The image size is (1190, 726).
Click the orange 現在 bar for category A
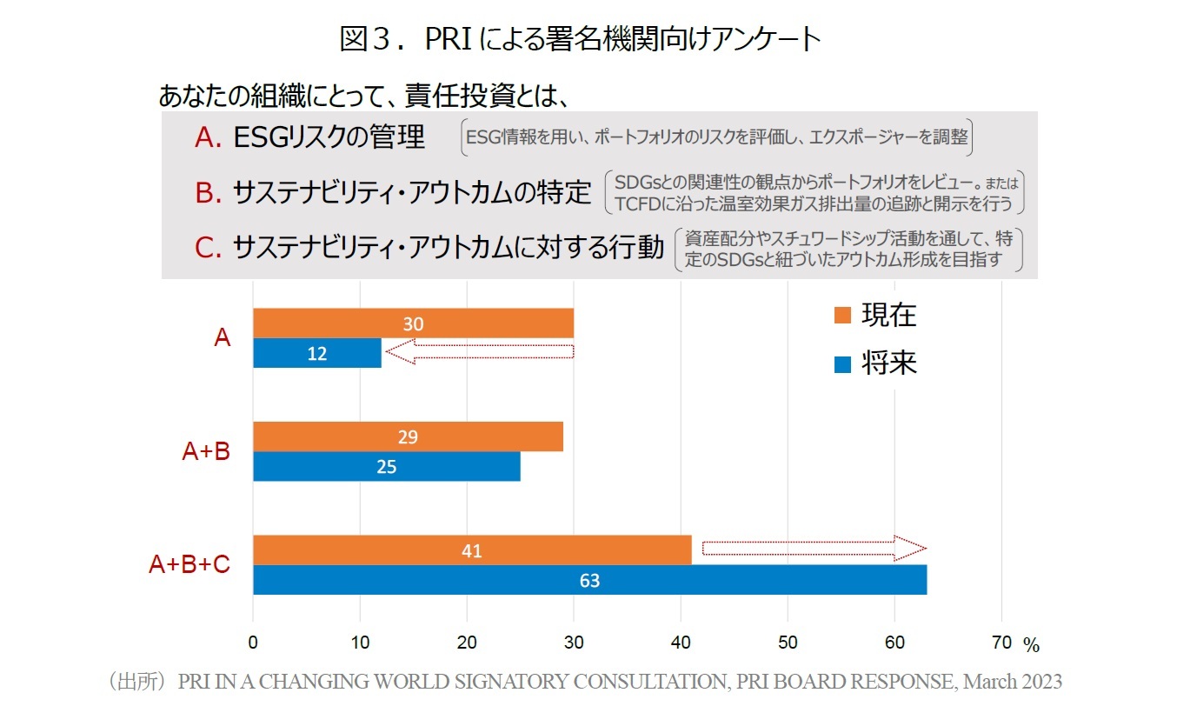(413, 323)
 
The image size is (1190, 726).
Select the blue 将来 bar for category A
(317, 353)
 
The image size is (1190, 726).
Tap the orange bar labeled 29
(408, 436)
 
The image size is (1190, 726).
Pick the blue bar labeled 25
(387, 466)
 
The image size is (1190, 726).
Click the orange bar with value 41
(472, 550)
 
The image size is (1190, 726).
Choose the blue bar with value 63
(589, 580)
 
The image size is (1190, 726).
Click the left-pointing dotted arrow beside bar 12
(479, 352)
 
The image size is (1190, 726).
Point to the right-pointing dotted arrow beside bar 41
(814, 549)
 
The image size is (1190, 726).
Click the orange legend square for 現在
(841, 315)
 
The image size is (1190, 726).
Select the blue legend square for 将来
(841, 363)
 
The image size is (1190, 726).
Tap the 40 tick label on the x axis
(681, 643)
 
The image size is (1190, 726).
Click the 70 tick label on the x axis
(1001, 643)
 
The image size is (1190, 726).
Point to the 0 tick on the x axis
(253, 643)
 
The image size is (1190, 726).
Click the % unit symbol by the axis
(1031, 646)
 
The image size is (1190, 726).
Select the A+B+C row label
(189, 565)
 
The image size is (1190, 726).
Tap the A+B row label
(206, 451)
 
